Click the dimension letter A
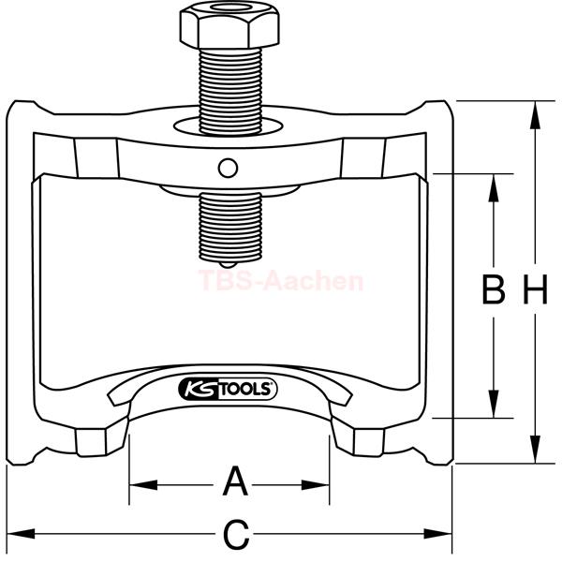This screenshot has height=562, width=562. tap(235, 481)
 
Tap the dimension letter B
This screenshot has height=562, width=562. tap(494, 289)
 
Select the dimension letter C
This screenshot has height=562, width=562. tap(236, 535)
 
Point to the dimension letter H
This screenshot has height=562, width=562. tap(536, 289)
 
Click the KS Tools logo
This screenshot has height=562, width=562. tap(228, 389)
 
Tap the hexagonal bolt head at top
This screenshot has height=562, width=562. tap(229, 25)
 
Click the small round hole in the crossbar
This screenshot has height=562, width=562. tap(228, 168)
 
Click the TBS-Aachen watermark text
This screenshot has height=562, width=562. tap(281, 281)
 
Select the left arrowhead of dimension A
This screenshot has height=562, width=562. tap(143, 485)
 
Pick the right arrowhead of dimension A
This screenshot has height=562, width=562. tap(315, 485)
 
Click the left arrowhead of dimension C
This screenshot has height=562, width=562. tap(22, 534)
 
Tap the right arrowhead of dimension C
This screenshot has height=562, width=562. tap(437, 534)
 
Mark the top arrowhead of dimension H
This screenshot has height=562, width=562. tap(535, 115)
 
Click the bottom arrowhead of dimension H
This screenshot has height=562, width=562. tap(535, 449)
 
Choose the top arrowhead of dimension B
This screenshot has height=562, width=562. tap(494, 188)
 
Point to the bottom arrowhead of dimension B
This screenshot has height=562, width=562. tap(494, 404)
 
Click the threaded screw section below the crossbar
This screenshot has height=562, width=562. tap(230, 228)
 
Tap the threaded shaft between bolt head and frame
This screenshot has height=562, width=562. tap(230, 92)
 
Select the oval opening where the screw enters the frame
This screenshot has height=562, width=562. tap(229, 126)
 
